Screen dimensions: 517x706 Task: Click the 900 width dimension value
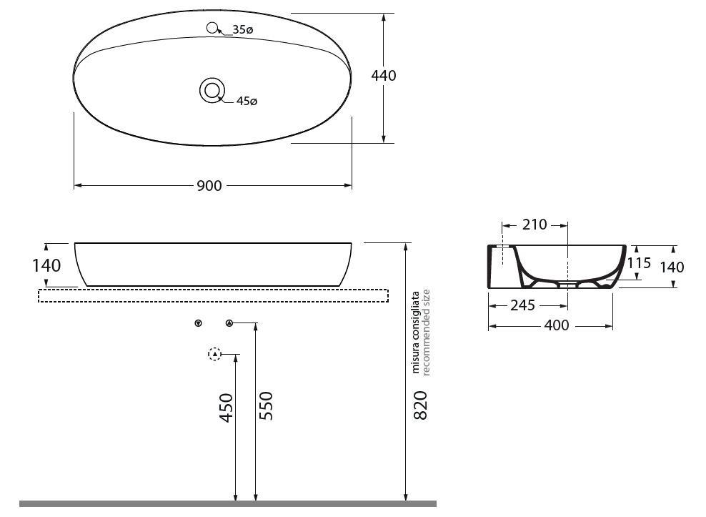point(209,186)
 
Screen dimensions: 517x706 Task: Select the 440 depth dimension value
point(384,76)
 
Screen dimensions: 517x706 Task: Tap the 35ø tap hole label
point(243,30)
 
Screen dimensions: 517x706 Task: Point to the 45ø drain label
point(247,102)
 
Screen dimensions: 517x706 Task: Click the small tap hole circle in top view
point(212,28)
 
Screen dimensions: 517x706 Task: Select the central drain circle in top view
point(212,91)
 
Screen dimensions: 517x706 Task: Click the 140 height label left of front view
point(46,265)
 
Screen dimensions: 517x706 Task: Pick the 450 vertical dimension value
point(227,408)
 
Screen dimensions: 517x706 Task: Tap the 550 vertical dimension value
point(265,405)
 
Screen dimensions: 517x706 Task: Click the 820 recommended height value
point(420,405)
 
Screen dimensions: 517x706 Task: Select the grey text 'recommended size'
point(426,332)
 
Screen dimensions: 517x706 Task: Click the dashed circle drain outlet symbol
point(214,354)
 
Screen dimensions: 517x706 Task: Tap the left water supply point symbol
point(198,323)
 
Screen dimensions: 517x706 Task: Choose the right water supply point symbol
point(229,323)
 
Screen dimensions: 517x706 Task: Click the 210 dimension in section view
point(534,225)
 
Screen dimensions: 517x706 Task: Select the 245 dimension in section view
point(522,305)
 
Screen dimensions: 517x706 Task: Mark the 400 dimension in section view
point(557,325)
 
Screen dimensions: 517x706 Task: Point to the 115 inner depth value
point(639,263)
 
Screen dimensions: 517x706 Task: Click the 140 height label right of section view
point(672,267)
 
